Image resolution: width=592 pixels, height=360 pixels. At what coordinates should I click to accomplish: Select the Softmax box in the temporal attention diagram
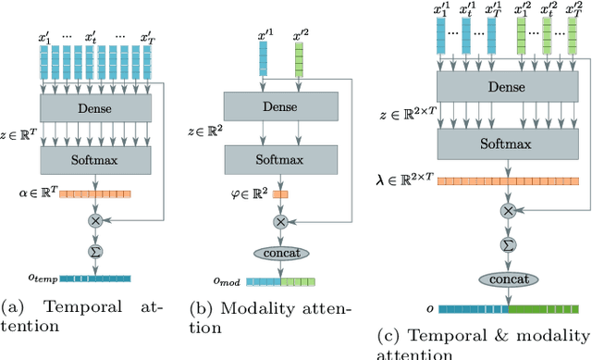coord(95,159)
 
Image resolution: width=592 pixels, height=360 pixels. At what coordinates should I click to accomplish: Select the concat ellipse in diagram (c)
coord(508,279)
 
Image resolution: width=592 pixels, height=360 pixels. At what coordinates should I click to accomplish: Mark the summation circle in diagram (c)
coord(508,244)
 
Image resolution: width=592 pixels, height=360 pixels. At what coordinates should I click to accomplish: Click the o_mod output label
coord(226,282)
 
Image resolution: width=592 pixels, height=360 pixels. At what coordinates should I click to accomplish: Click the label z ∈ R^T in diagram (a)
coord(20,137)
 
